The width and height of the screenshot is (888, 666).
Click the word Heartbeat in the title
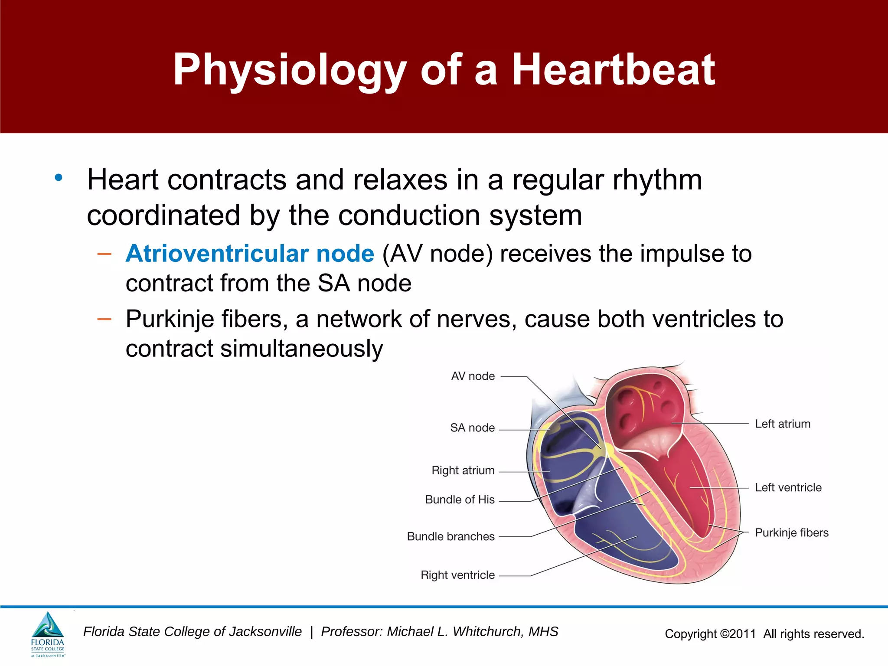[x=613, y=69]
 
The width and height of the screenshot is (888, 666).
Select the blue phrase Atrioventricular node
[x=250, y=254]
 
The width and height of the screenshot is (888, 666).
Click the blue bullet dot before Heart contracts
[x=59, y=178]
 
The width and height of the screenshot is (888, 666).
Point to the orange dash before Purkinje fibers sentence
[x=104, y=320]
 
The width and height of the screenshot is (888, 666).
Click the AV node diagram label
[x=473, y=376]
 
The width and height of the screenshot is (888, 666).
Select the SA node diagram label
[x=472, y=428]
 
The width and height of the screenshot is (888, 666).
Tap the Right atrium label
[x=463, y=470]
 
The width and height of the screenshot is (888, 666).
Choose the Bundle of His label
[x=460, y=500]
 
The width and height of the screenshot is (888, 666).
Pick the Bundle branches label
[x=451, y=537]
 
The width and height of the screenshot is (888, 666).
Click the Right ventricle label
[x=457, y=575]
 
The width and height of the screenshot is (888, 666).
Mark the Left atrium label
[x=783, y=424]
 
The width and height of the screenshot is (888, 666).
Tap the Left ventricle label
[x=788, y=488]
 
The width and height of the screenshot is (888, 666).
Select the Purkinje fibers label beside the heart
[x=791, y=533]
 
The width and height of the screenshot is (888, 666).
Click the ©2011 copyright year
[x=738, y=634]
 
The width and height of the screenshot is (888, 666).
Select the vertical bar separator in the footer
[x=311, y=632]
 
